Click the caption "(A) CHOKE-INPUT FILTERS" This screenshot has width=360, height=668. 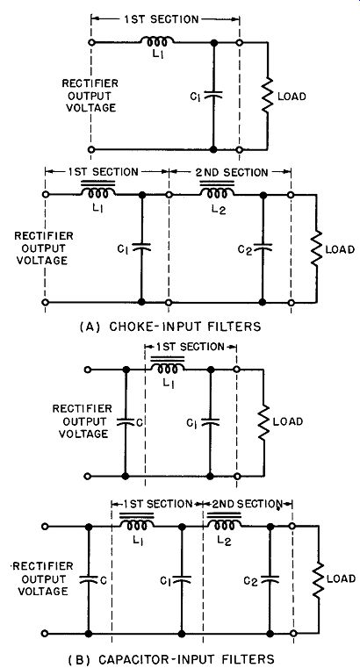[170, 327]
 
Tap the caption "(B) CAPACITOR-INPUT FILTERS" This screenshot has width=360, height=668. [171, 659]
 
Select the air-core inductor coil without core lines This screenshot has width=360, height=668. [157, 41]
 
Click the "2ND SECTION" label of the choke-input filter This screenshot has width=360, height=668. [232, 172]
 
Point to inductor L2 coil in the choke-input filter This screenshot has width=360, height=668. [217, 192]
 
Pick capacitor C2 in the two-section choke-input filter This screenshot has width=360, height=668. [262, 247]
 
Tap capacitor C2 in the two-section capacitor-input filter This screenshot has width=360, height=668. [270, 578]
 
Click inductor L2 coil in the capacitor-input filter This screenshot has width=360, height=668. [224, 523]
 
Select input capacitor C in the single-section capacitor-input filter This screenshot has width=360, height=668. [126, 421]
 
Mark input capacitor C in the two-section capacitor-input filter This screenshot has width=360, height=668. [89, 579]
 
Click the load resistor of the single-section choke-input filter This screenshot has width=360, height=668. [268, 95]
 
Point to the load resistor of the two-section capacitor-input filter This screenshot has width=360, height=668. [318, 579]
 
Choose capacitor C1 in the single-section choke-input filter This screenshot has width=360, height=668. [213, 96]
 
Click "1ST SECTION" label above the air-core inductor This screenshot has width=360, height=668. [162, 19]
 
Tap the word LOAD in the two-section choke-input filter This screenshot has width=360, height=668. [340, 249]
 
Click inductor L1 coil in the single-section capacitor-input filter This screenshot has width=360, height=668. [168, 368]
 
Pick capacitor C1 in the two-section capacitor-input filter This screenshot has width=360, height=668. [182, 579]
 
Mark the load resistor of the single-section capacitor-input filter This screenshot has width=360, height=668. [264, 421]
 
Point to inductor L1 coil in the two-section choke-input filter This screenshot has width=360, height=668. [98, 192]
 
